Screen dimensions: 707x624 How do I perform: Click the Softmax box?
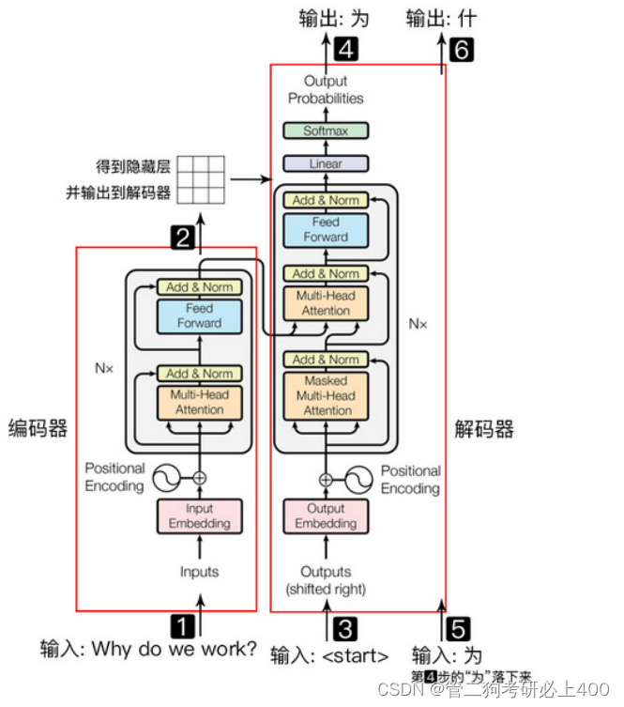[326, 131]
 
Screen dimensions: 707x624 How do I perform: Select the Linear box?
[326, 163]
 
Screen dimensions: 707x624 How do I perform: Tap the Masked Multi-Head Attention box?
[326, 396]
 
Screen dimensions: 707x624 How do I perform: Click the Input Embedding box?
[199, 515]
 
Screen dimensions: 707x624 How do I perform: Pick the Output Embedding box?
[326, 515]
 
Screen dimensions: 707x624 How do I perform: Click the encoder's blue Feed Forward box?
[199, 315]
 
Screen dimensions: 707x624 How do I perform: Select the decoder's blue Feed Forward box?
[326, 230]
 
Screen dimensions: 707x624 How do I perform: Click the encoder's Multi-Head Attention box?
[199, 402]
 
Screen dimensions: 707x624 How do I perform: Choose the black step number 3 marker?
[346, 626]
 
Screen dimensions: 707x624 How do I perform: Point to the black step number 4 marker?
[346, 50]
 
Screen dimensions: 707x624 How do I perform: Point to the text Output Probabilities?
[326, 90]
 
